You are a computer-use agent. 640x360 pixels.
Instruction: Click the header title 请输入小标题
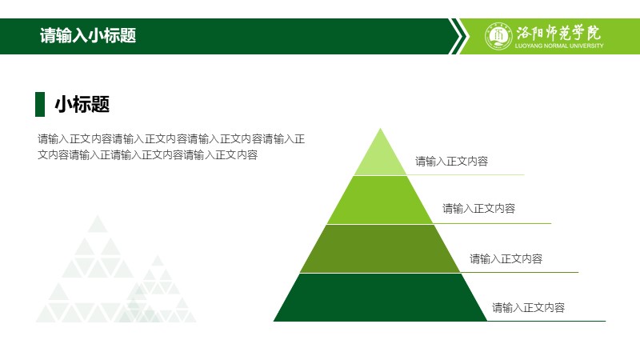(88, 35)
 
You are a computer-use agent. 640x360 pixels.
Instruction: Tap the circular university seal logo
(498, 36)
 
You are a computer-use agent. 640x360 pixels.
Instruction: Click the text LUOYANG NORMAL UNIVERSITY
(558, 46)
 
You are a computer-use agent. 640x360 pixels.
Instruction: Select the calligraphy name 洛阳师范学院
(558, 32)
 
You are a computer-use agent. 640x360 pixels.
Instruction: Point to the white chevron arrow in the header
(457, 36)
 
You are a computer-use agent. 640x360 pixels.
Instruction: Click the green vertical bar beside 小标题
(40, 104)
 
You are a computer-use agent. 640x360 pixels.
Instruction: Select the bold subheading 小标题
(82, 104)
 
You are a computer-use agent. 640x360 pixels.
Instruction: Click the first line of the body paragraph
(171, 138)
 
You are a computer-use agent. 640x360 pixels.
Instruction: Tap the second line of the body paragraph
(148, 154)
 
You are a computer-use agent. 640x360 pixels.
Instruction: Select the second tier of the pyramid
(380, 200)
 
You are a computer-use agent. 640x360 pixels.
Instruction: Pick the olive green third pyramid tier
(380, 249)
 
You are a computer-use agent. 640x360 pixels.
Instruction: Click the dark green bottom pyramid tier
(380, 298)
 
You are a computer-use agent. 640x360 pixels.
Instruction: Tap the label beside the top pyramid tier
(451, 162)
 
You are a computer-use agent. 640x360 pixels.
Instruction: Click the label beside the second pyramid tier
(478, 209)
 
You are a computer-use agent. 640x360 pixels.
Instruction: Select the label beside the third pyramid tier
(506, 258)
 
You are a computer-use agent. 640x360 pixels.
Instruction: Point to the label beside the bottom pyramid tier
(528, 307)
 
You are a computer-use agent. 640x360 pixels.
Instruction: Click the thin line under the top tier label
(466, 174)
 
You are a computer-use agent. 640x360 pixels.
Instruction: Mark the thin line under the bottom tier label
(546, 322)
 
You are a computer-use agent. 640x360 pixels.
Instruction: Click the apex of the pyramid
(381, 129)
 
